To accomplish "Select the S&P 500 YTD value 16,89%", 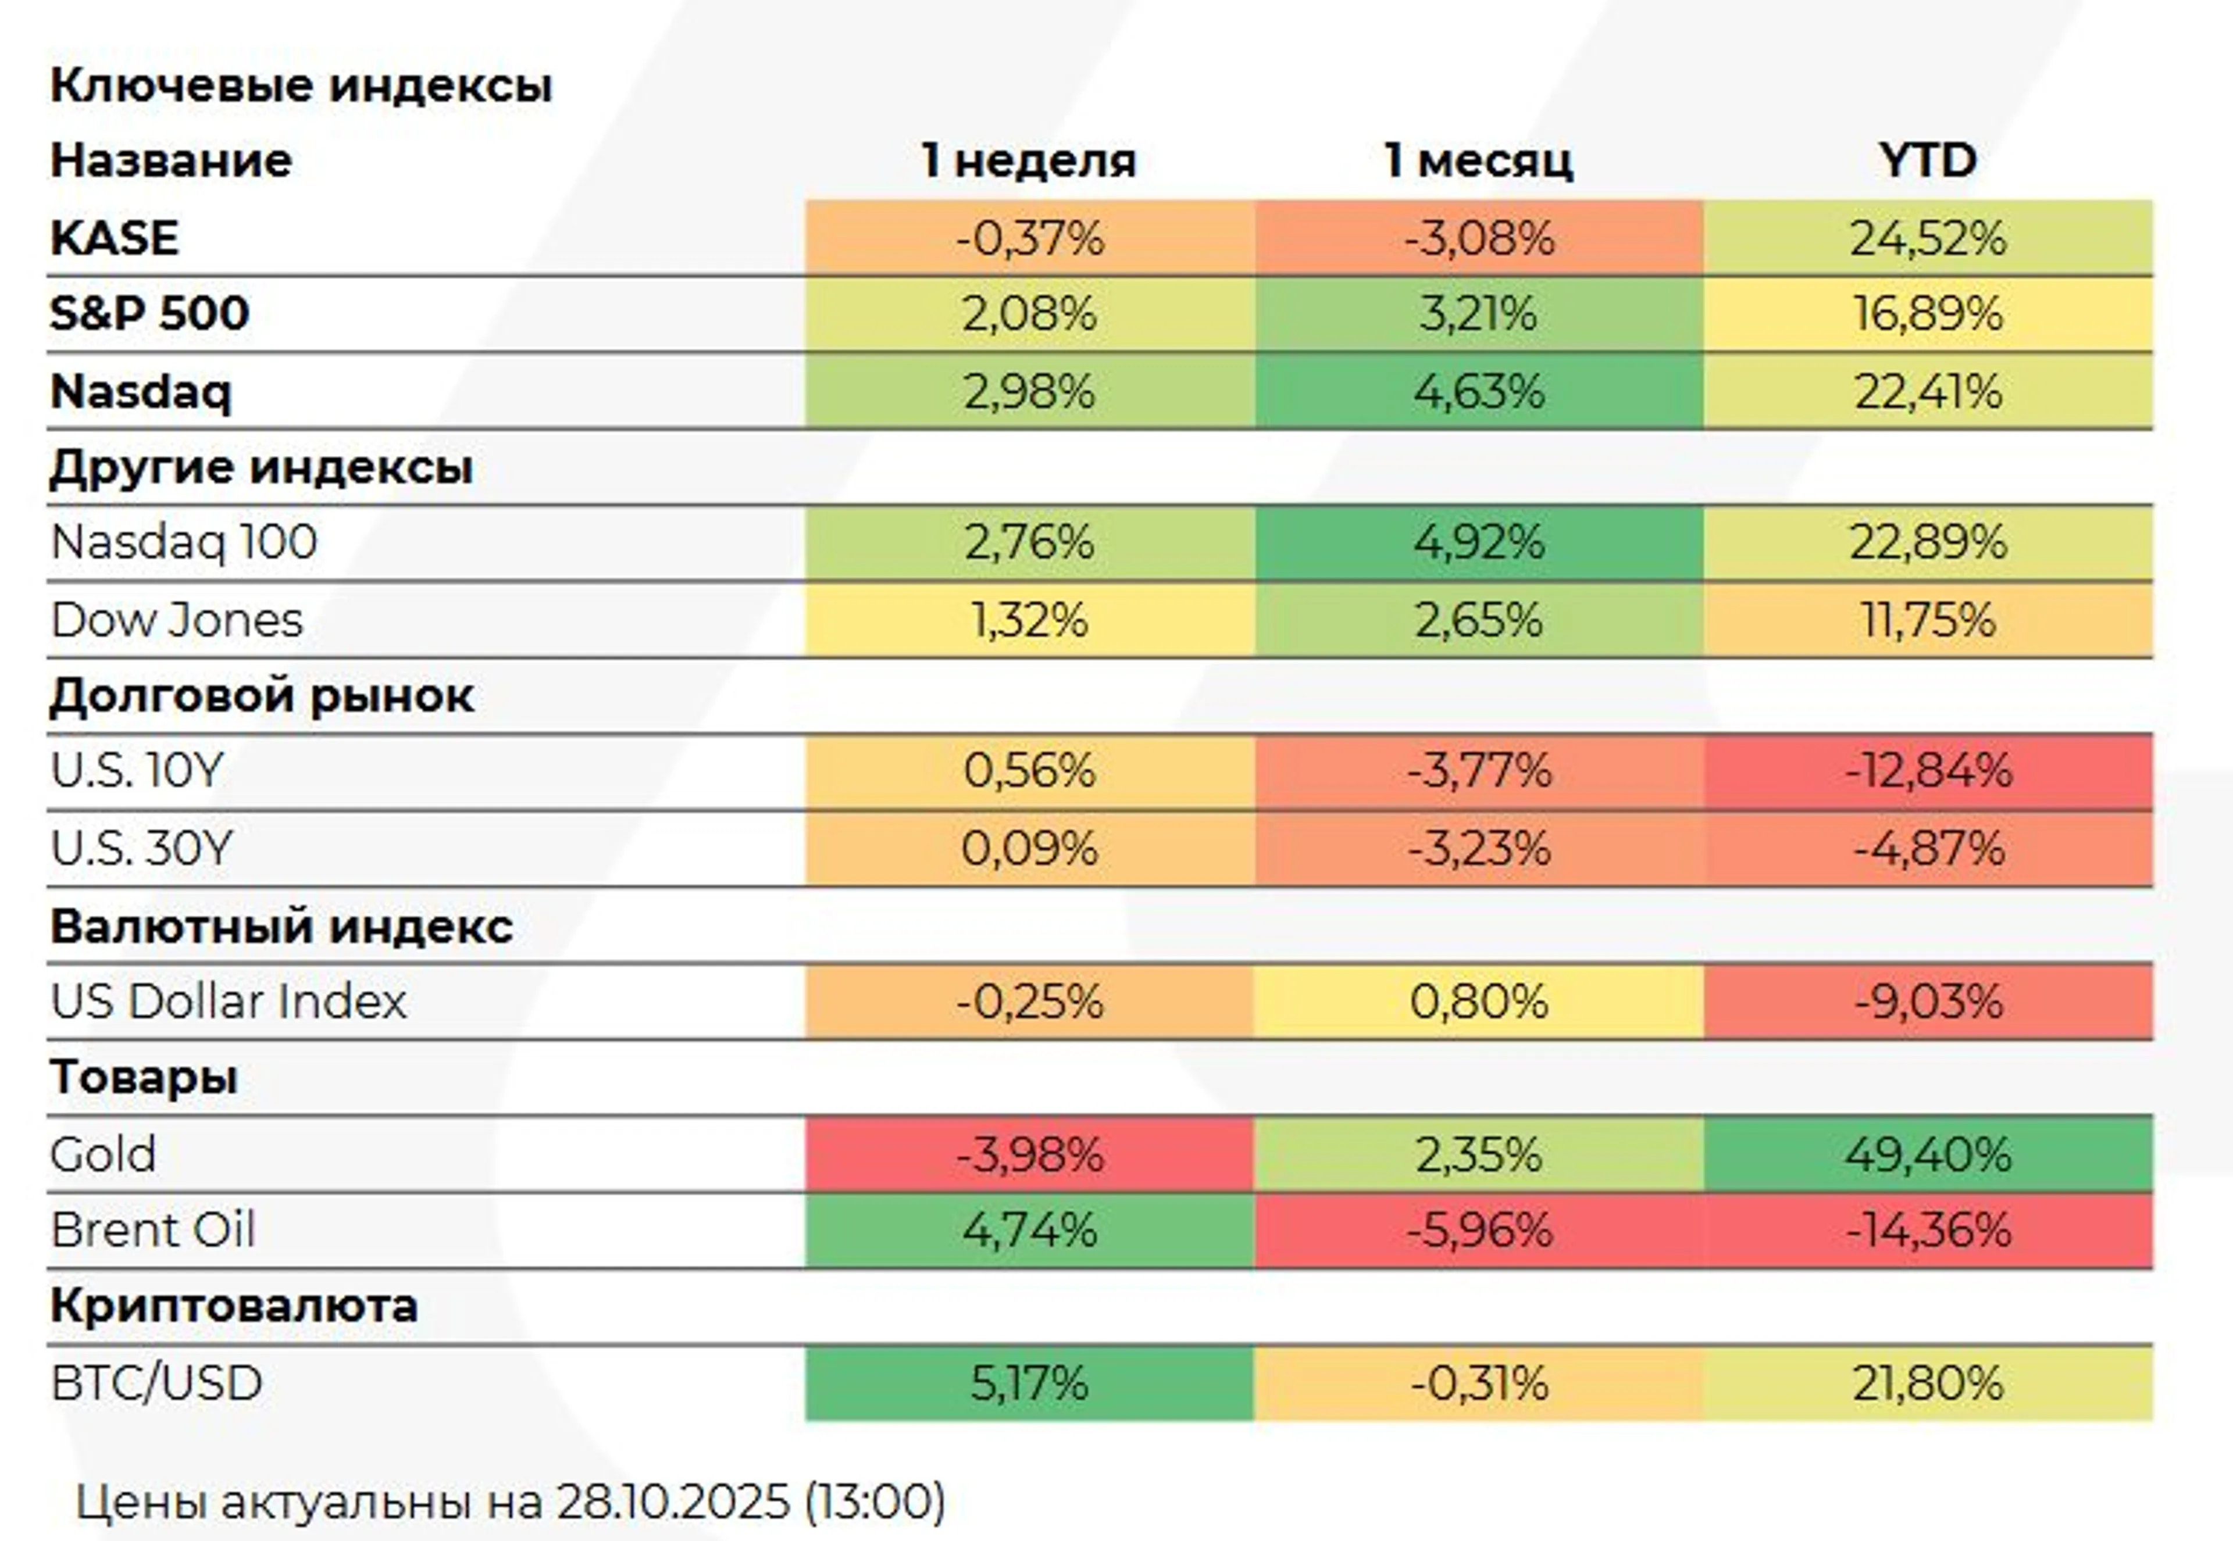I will (x=1928, y=314).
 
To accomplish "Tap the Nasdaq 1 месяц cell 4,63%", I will (x=1479, y=391).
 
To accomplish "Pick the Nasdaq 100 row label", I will (x=184, y=542).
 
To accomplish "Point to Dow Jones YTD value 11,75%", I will (x=1928, y=620).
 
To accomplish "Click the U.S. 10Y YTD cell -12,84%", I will (x=1928, y=771).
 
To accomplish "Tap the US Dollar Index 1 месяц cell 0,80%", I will (x=1479, y=1001).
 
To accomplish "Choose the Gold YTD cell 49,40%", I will (x=1928, y=1154).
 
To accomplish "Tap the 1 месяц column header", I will (x=1479, y=160).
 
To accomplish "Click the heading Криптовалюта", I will (x=234, y=1306).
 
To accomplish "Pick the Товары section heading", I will (x=144, y=1077).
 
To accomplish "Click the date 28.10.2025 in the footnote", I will (x=672, y=1500).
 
